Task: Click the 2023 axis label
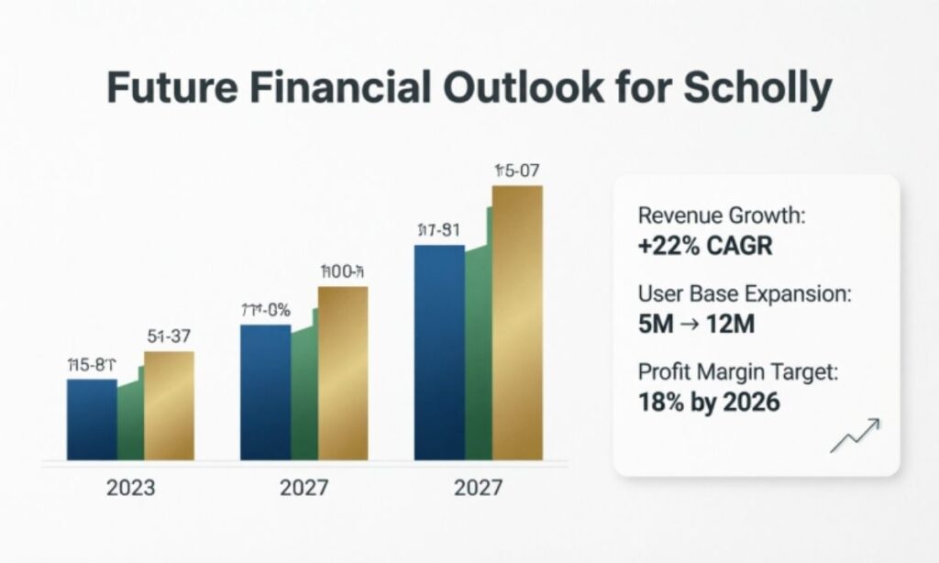click(x=130, y=487)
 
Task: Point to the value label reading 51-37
click(x=171, y=337)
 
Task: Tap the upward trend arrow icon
click(x=855, y=436)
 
